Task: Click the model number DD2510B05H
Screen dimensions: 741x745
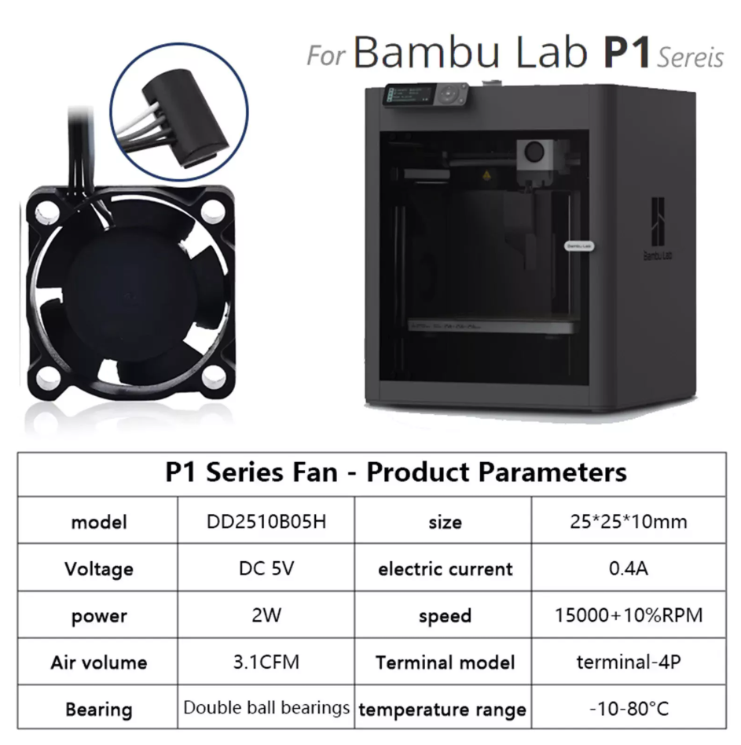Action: click(266, 521)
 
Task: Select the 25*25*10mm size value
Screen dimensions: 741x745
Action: click(629, 521)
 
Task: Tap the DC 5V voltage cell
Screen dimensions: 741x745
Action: click(266, 567)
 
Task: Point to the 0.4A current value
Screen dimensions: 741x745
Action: click(629, 567)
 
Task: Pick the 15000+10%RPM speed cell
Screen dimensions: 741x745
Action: click(629, 615)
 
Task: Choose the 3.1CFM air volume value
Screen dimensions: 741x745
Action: click(266, 662)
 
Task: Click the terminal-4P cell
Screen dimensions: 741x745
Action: click(629, 662)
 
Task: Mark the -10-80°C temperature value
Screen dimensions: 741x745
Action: click(629, 708)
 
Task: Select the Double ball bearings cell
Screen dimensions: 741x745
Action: click(266, 707)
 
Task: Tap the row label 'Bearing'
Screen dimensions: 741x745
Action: click(99, 710)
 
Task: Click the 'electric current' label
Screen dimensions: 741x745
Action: click(445, 569)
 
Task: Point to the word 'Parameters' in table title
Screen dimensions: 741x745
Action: click(552, 472)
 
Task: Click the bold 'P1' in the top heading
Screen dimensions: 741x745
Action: click(626, 52)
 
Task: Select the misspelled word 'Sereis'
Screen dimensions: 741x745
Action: click(691, 58)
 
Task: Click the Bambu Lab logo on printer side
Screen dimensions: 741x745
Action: click(658, 228)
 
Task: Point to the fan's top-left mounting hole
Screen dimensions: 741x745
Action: click(46, 212)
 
